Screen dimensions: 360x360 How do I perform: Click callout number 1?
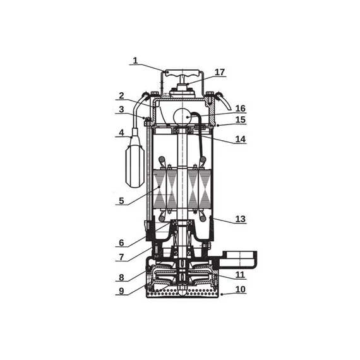coord(135,61)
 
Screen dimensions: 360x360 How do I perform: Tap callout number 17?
coord(220,72)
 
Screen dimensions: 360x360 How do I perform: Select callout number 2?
coord(121,95)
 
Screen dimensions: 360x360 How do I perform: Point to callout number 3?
coord(121,109)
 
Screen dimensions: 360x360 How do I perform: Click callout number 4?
coord(121,133)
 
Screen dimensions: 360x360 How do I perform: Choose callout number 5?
coord(121,201)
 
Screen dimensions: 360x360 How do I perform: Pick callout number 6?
coord(121,243)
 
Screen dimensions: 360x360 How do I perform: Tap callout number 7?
coord(121,257)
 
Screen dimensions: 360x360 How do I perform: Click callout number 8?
coord(121,277)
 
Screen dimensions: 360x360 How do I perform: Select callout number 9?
coord(121,291)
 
